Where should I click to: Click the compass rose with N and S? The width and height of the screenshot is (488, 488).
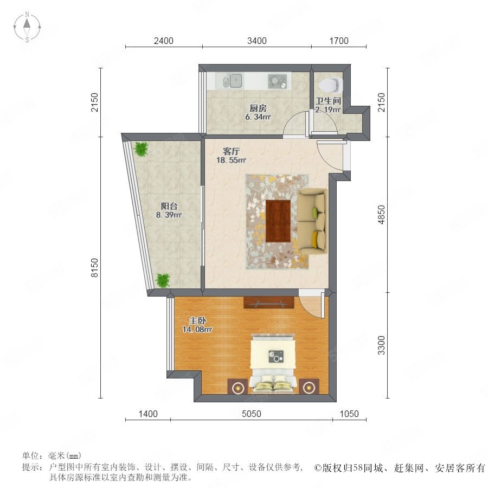[27, 27]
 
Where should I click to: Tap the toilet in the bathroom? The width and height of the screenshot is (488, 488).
[331, 85]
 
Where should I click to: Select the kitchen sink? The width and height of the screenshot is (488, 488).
[233, 81]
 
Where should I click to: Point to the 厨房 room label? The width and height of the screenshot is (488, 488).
[258, 108]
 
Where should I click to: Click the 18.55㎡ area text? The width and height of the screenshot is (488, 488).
[231, 160]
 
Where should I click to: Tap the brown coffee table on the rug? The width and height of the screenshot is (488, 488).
[278, 221]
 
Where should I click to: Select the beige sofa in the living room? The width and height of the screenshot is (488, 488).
[312, 221]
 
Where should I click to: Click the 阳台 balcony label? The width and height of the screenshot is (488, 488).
[169, 206]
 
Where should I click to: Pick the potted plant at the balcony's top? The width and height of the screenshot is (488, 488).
[141, 149]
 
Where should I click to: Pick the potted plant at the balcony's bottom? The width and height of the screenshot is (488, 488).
[163, 280]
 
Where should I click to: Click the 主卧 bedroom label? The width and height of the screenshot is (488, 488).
[197, 320]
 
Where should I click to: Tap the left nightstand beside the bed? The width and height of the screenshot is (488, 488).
[238, 387]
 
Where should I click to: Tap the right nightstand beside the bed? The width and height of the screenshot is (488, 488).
[309, 387]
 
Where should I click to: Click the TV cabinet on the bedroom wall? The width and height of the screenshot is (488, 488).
[269, 303]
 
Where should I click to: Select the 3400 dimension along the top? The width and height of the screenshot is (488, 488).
[257, 41]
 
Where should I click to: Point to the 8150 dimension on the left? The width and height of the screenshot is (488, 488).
[94, 267]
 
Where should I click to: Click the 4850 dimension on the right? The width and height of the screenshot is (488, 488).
[381, 214]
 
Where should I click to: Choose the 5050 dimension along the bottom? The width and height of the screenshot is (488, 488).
[252, 414]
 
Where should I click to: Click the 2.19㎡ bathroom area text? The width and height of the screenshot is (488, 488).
[328, 110]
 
